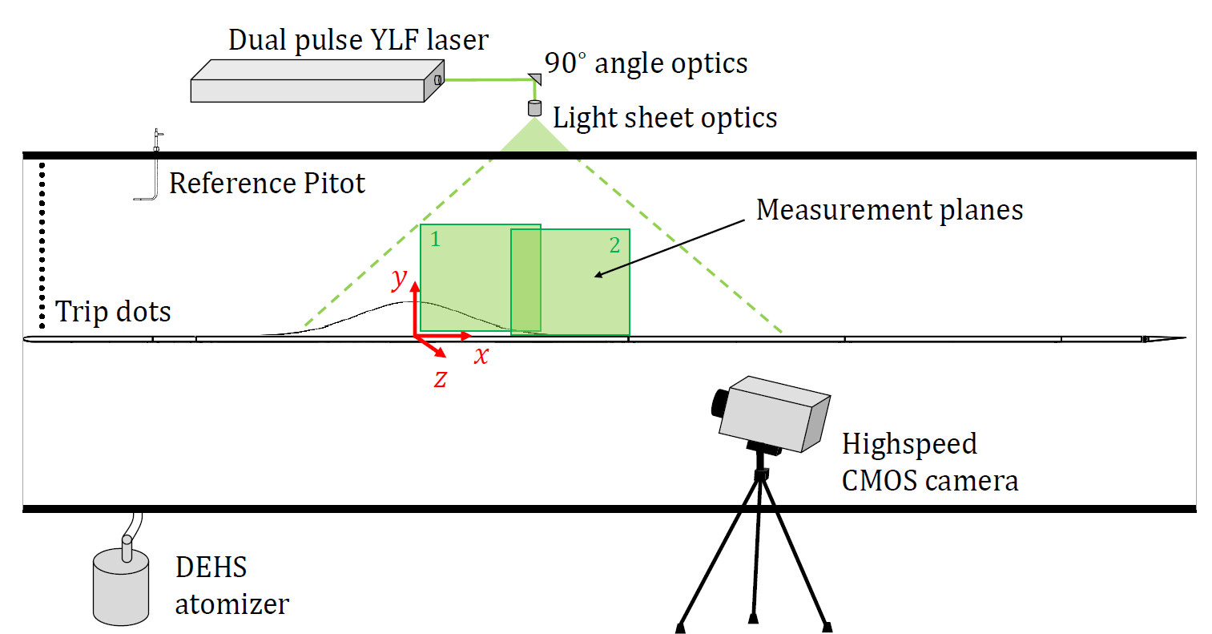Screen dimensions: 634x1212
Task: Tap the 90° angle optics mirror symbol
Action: pos(534,79)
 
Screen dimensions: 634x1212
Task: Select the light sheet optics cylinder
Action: pos(534,108)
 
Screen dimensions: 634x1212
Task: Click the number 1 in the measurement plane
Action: pos(435,239)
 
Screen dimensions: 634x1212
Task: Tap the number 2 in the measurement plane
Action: pos(614,245)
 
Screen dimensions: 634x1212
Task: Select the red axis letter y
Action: pos(399,279)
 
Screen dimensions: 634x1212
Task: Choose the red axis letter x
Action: pos(481,355)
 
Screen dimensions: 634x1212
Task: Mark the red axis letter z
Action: pos(441,378)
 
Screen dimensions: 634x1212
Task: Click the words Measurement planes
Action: pos(889,210)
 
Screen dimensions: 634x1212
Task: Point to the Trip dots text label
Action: pos(113,311)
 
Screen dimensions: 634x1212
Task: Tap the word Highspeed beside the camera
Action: pos(909,444)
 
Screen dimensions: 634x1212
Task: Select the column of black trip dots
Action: pos(42,240)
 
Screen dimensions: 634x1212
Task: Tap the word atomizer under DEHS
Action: pos(232,604)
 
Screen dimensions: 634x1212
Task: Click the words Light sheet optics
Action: pos(665,118)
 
